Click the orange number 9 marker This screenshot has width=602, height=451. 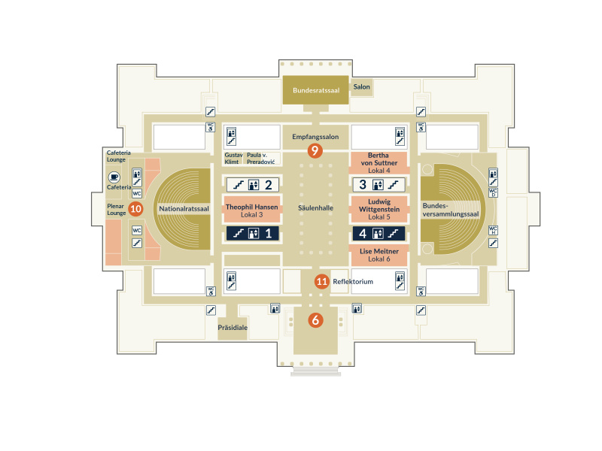pos(315,151)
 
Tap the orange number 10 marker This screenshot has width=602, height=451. pos(135,209)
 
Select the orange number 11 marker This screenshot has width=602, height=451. pos(322,281)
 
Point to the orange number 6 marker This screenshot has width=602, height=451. pos(315,320)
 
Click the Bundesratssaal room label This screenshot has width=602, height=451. pos(316,90)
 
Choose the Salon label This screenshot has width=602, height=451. pos(362,86)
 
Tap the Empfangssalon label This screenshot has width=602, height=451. pos(315,137)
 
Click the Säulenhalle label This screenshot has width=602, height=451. pos(315,208)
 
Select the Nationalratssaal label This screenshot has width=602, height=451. pos(184,209)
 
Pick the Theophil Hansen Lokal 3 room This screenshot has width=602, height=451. pos(252,210)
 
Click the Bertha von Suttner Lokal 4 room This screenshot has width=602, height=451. pos(379,162)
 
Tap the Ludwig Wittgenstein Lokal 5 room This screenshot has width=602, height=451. pos(379,209)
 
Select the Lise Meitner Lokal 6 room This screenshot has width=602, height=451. pos(379,256)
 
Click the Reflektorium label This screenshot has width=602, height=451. pos(353,281)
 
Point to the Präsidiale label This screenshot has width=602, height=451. pos(233,328)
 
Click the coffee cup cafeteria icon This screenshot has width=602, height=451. pos(114,177)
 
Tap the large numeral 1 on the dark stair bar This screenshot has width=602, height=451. pos(269,233)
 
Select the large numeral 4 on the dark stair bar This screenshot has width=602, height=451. pos(363,233)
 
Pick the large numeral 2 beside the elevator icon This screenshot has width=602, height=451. pos(269,185)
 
